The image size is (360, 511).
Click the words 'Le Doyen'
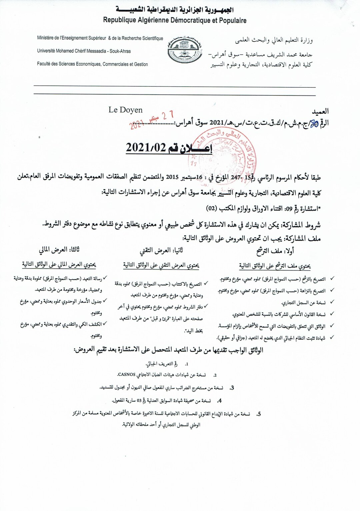[x=125, y=110]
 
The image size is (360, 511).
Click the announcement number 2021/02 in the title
[x=146, y=147]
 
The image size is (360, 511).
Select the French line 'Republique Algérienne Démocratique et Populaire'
[x=175, y=20]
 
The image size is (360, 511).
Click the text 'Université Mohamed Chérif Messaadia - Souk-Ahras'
[x=84, y=51]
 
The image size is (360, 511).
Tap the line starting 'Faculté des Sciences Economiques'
[x=92, y=64]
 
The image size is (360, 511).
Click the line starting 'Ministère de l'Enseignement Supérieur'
[x=100, y=38]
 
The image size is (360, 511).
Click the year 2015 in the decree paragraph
[x=172, y=177]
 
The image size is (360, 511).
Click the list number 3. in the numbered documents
[x=232, y=388]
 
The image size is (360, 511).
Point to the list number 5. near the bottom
[x=258, y=414]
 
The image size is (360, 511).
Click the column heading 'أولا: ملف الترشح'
[x=275, y=251]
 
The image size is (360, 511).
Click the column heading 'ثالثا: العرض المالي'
[x=59, y=250]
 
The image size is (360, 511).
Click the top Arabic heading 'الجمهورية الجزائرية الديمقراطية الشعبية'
[x=175, y=9]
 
